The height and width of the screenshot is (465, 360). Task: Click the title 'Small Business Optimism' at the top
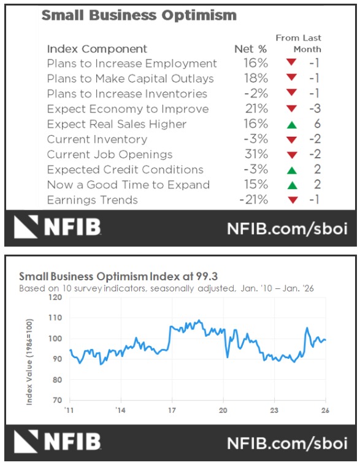pos(139,15)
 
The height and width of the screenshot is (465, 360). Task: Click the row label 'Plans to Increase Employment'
pos(132,64)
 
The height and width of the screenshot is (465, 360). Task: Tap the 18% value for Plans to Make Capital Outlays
pos(256,79)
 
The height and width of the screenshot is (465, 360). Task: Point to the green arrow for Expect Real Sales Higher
pos(291,125)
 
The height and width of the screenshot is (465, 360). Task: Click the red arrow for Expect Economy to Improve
pos(291,109)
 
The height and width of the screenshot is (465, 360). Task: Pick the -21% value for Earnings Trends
pos(254,200)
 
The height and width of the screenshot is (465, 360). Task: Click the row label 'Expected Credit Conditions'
pos(124,170)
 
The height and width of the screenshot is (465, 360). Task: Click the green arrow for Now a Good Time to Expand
pos(291,185)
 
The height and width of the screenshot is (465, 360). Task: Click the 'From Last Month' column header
pos(298,43)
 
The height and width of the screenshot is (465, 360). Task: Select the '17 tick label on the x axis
pos(172,410)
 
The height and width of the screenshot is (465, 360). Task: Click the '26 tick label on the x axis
pos(324,410)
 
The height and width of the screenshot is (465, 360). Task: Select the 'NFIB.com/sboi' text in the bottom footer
pos(287,443)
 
